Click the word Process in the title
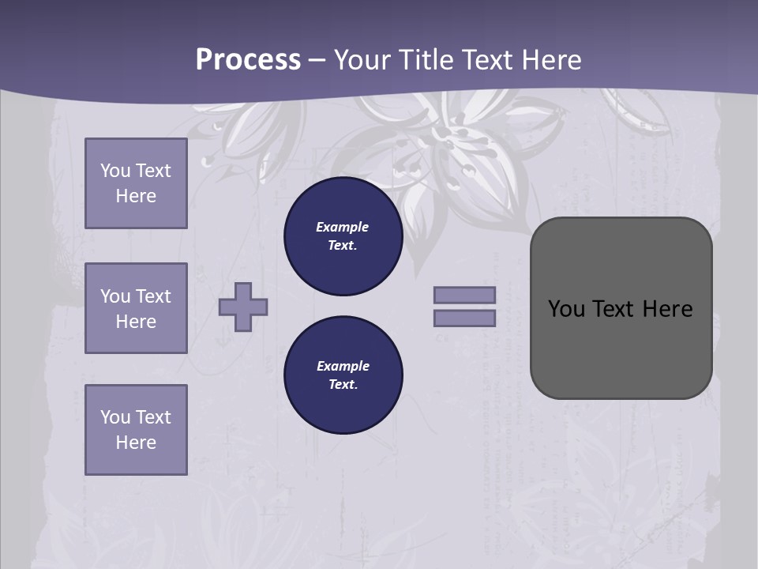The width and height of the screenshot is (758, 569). click(x=248, y=60)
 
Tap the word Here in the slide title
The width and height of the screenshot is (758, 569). click(x=550, y=60)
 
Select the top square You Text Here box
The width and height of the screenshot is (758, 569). click(x=136, y=183)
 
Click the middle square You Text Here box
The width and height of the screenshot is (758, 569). click(x=136, y=308)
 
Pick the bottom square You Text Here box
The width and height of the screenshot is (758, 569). click(x=136, y=430)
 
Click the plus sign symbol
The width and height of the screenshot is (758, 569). click(x=243, y=307)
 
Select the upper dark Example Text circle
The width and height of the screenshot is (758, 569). click(x=343, y=236)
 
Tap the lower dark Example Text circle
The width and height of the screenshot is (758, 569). click(x=343, y=375)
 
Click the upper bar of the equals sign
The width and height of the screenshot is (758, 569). click(x=465, y=295)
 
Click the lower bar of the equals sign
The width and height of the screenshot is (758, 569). click(x=465, y=318)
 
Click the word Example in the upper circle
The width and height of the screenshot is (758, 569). click(x=342, y=227)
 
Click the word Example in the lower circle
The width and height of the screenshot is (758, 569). click(x=343, y=366)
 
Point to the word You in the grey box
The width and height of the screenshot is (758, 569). click(x=567, y=309)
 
